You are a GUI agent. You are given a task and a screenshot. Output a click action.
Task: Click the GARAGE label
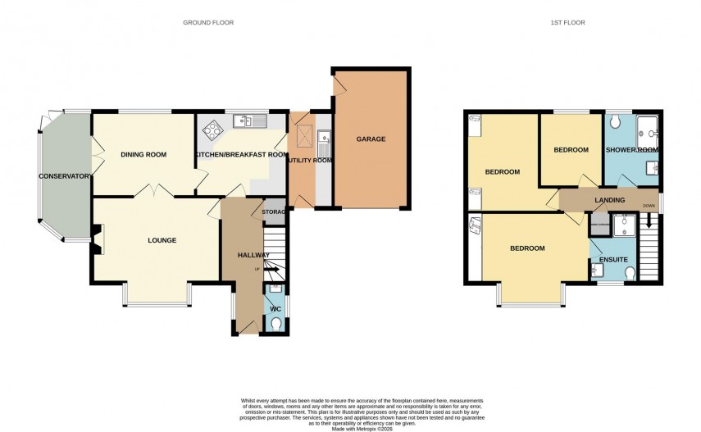point(371,139)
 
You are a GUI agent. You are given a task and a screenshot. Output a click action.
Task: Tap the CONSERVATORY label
point(65,176)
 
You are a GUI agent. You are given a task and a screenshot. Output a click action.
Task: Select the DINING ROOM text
point(143,154)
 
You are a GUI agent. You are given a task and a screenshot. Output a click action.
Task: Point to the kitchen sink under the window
point(244,122)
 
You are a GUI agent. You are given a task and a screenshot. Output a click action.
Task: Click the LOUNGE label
point(162,240)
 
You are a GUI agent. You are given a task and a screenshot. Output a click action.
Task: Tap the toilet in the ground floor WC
point(275,324)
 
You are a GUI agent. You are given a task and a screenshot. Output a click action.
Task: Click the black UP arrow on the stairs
point(271,270)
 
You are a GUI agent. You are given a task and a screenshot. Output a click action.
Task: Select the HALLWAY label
point(253,256)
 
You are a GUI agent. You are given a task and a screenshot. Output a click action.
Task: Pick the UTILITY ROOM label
point(310,161)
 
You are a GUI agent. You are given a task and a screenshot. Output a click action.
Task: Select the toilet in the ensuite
point(630,273)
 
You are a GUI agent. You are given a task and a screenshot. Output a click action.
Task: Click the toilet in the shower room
point(617,122)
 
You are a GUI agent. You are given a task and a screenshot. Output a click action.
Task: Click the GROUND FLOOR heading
point(208,23)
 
